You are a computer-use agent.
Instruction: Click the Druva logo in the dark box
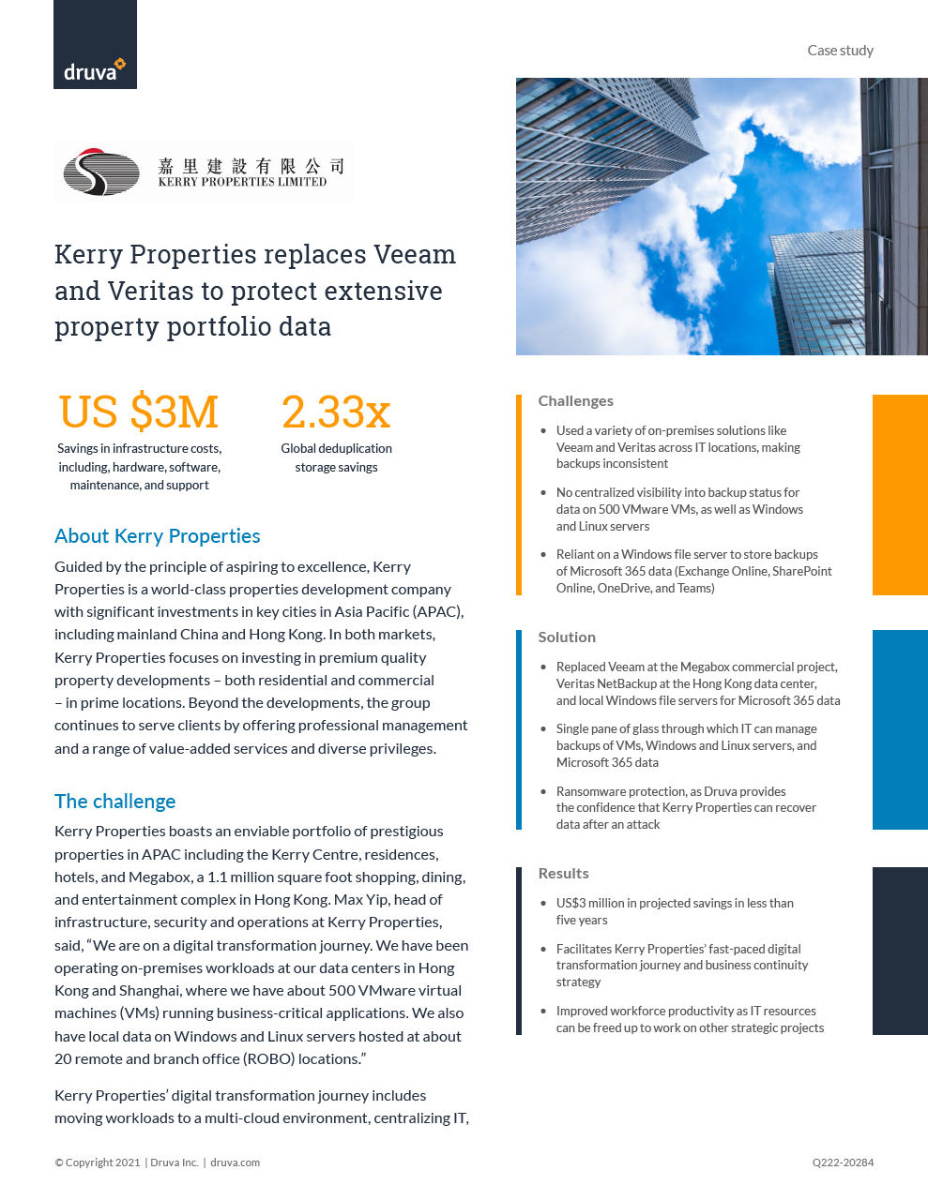pyautogui.click(x=94, y=70)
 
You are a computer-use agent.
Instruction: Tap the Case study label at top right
pyautogui.click(x=840, y=51)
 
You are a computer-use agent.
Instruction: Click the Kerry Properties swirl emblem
pyautogui.click(x=100, y=172)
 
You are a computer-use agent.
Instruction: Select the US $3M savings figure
pyautogui.click(x=139, y=412)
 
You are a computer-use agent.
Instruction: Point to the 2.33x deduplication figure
pyautogui.click(x=336, y=412)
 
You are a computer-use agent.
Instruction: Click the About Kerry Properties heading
pyautogui.click(x=158, y=536)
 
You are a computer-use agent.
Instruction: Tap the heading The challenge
pyautogui.click(x=115, y=802)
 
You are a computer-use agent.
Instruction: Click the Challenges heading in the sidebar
pyautogui.click(x=575, y=401)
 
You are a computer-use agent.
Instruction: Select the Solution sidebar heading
pyautogui.click(x=567, y=637)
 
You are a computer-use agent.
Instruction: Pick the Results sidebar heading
pyautogui.click(x=563, y=874)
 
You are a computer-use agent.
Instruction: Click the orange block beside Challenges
pyautogui.click(x=900, y=495)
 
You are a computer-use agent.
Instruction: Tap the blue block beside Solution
pyautogui.click(x=900, y=729)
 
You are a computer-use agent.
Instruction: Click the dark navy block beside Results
pyautogui.click(x=900, y=951)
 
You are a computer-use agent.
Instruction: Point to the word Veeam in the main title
pyautogui.click(x=415, y=255)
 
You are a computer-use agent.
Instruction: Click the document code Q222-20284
pyautogui.click(x=843, y=1162)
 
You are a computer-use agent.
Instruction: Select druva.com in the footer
pyautogui.click(x=235, y=1162)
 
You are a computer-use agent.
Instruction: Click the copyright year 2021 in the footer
pyautogui.click(x=128, y=1162)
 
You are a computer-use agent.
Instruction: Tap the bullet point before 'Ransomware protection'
pyautogui.click(x=543, y=792)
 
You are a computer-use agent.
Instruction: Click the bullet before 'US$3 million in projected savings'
pyautogui.click(x=543, y=904)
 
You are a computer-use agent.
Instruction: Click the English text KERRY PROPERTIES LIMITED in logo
pyautogui.click(x=242, y=182)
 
